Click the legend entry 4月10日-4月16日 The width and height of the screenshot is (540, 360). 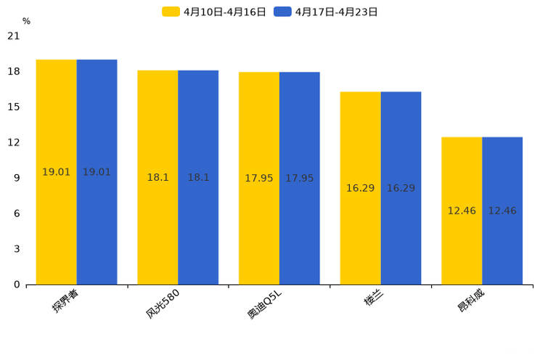215,12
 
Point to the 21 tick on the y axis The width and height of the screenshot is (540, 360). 14,36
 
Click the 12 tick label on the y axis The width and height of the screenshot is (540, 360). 14,142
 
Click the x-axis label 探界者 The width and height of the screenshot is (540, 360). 65,301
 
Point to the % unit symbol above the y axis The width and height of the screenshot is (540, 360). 26,21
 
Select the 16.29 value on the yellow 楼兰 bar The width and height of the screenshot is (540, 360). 360,188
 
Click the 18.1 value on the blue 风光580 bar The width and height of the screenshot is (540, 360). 198,177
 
